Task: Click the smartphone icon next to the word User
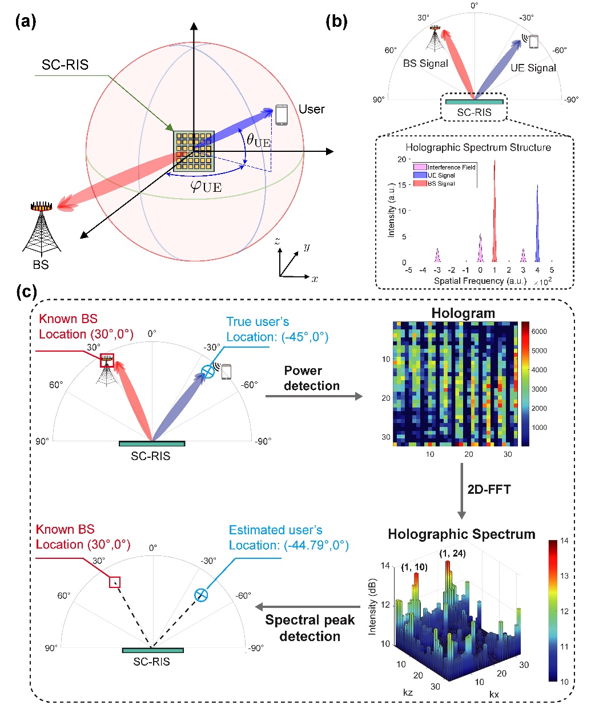(281, 114)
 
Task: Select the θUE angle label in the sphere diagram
(258, 140)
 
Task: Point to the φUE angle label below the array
(206, 186)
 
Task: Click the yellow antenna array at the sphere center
(194, 151)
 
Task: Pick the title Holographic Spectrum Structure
(478, 147)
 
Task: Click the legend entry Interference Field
(445, 167)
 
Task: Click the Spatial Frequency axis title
(480, 281)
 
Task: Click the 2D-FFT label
(489, 489)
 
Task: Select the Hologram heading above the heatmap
(463, 313)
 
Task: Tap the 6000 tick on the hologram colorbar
(539, 331)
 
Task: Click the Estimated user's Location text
(288, 538)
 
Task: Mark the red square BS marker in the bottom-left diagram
(115, 582)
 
